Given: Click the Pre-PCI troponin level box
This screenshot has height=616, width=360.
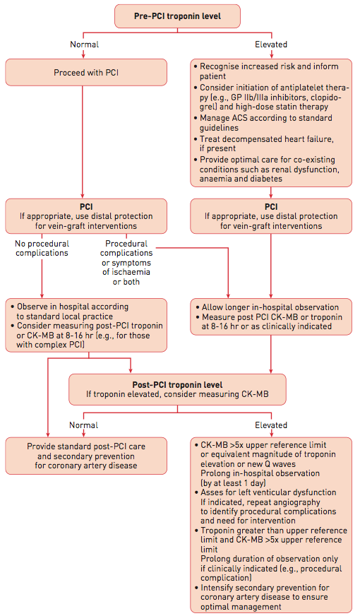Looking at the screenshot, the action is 177,16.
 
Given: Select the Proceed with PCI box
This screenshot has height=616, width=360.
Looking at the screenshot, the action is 86,72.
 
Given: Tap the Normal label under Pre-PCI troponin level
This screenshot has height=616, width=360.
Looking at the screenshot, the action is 85,45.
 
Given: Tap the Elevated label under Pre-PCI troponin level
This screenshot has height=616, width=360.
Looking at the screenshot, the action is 271,45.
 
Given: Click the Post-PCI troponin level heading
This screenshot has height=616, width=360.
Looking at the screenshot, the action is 177,384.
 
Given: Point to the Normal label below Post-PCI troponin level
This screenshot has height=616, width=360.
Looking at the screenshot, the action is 83,425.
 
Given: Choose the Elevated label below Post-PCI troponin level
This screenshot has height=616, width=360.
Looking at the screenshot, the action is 271,425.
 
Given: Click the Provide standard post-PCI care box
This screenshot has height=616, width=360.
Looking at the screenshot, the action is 86,456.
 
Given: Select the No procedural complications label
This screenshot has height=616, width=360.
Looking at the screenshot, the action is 42,248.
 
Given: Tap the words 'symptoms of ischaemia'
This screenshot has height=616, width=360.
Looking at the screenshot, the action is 126,267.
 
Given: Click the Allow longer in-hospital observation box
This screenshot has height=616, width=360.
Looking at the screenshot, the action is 271,316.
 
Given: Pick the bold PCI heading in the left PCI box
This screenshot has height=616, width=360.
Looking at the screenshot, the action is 86,207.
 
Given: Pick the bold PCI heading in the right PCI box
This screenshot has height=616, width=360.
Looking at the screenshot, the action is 271,207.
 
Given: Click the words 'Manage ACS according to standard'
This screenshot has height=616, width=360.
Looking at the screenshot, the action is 266,118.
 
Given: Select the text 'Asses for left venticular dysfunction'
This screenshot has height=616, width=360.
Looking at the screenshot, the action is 268,492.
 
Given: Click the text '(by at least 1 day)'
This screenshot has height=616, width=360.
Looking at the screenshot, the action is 233,482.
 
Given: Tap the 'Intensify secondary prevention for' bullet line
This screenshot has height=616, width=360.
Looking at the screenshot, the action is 265,588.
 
